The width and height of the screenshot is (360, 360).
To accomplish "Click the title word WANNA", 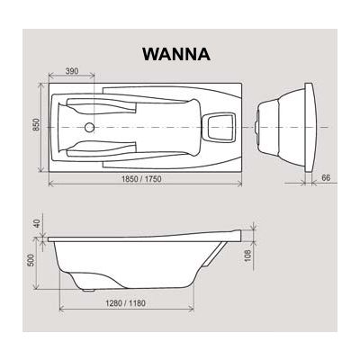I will click(175, 53).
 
